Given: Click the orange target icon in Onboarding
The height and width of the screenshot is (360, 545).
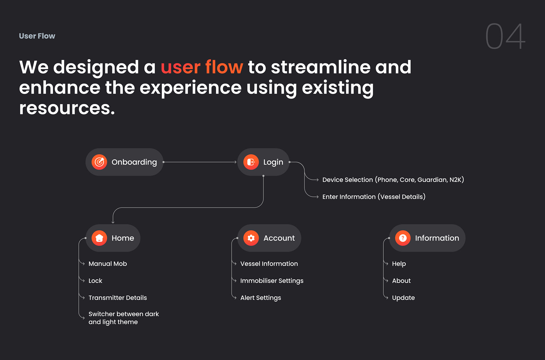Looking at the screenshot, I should (99, 162).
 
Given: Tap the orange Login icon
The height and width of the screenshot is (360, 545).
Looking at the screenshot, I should (251, 162).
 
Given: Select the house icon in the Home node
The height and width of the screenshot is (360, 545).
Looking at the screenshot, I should (99, 238).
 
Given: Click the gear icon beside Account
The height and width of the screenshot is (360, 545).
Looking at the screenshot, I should (251, 238).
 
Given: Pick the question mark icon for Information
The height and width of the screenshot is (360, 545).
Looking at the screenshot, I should (403, 238).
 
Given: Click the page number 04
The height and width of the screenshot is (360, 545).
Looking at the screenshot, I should (505, 36).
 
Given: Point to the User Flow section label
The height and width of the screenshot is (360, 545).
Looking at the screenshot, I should (37, 36).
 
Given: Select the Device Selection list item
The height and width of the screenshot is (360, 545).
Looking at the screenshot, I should (393, 180).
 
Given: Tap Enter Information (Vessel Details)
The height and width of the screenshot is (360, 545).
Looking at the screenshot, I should (374, 197).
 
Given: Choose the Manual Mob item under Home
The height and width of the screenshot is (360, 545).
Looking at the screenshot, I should (108, 264).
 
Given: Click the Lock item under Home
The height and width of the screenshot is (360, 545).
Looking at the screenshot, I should (95, 281).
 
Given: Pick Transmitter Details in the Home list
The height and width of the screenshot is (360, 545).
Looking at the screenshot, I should (118, 298).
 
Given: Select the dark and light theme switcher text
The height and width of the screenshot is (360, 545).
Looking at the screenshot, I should (123, 318).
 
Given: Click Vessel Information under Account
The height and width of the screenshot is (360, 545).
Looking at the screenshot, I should (269, 264).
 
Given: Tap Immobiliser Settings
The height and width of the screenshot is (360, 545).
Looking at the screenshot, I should (272, 281).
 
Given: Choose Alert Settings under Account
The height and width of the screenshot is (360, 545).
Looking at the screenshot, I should (261, 298).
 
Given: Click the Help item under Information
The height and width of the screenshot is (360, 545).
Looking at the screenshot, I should (399, 264).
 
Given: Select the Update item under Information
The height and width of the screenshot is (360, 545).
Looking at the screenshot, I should (403, 298).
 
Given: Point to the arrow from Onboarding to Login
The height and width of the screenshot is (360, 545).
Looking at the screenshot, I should (200, 162).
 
